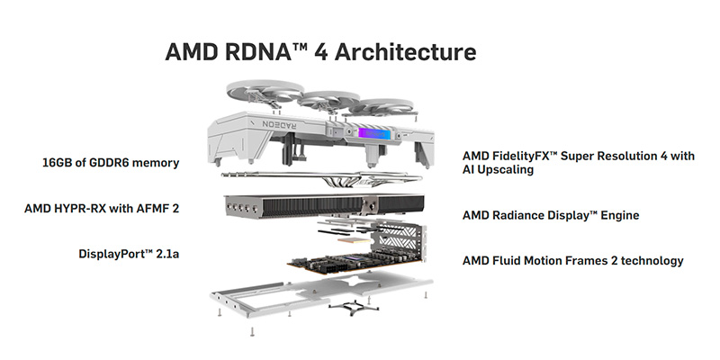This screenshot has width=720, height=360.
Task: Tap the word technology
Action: coord(650,261)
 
